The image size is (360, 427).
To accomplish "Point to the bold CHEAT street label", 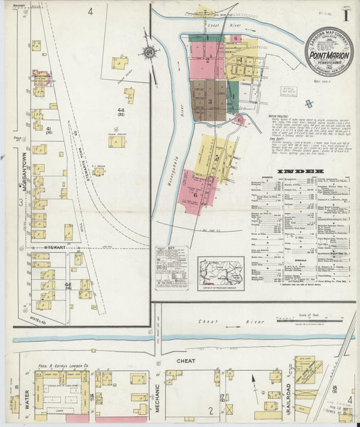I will click(x=186, y=361).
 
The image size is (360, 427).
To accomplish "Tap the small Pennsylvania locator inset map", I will click(x=220, y=268).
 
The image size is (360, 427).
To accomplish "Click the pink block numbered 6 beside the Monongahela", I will click(x=194, y=194).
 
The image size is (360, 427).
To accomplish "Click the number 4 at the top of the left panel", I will click(x=90, y=11).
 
